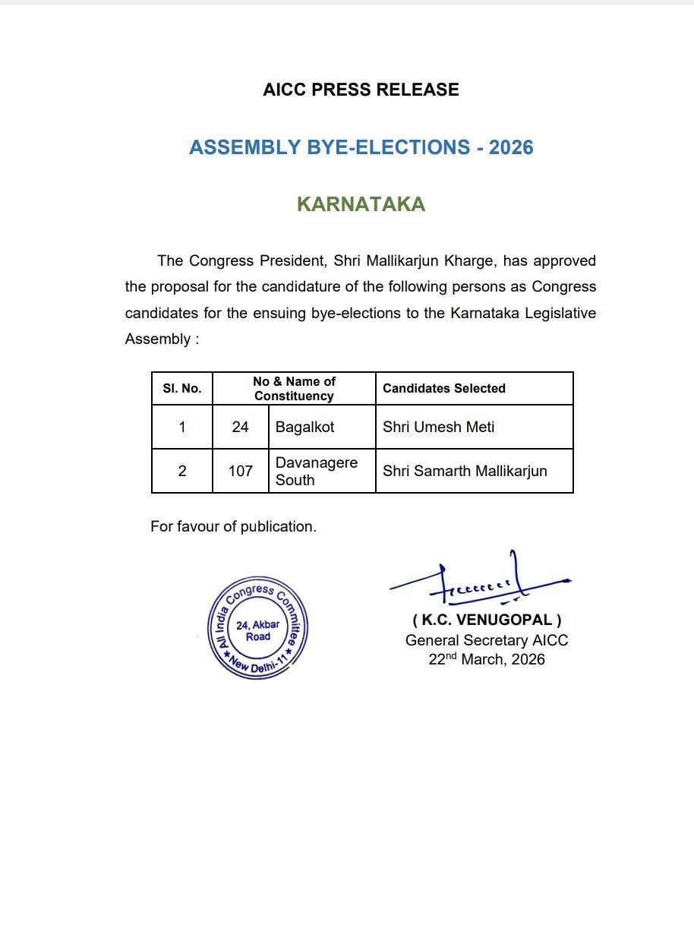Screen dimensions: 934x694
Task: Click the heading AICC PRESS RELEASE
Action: pos(361,90)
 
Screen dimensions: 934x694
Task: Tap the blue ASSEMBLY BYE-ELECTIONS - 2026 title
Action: pos(361,147)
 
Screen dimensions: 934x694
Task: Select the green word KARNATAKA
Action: pos(361,204)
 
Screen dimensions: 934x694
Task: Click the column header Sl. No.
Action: pos(182,389)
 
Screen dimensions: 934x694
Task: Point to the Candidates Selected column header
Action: pos(443,389)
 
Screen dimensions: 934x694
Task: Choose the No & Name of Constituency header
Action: pos(294,389)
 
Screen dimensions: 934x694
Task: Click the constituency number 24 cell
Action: pos(240,428)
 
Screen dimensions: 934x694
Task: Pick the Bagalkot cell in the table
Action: pos(304,428)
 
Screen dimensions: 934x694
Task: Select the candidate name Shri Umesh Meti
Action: pos(438,428)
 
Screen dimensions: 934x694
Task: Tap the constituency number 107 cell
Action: pos(240,471)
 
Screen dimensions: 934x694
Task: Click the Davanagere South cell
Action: pos(316,471)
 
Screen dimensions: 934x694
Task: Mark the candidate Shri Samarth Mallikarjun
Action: pos(465,471)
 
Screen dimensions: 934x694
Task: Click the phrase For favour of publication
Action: pos(233,526)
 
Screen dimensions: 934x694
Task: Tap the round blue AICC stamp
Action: pos(258,627)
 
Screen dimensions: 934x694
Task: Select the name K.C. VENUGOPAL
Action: pos(487,620)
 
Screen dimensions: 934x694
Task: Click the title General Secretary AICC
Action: pos(487,640)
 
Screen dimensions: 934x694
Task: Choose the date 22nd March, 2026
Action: pos(487,659)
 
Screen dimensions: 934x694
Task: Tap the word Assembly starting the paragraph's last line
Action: pos(157,339)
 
